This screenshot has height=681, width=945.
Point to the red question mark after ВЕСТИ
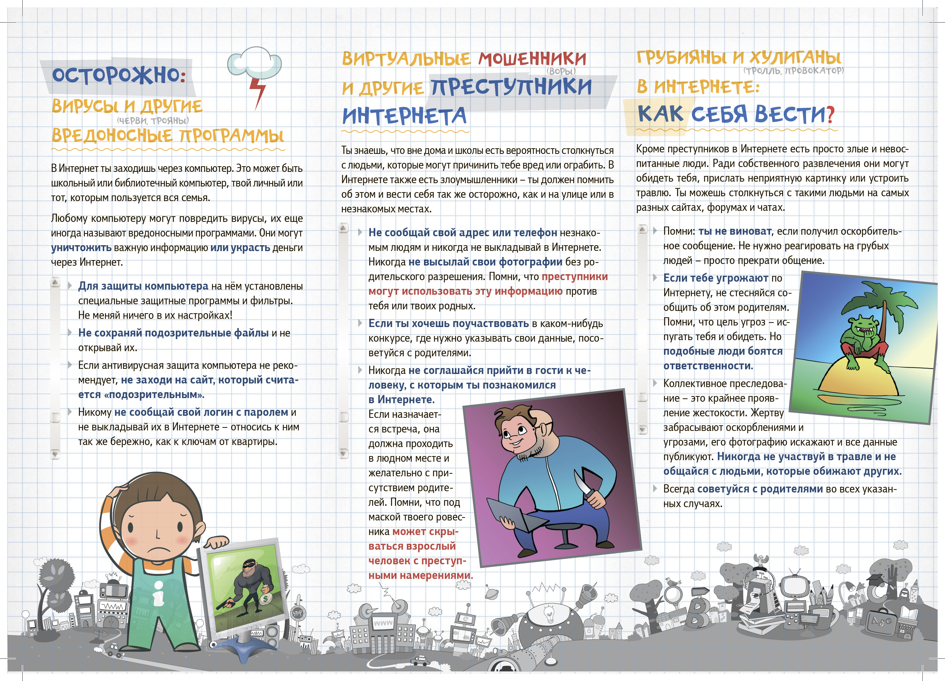(x=830, y=115)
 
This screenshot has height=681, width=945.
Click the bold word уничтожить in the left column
(x=81, y=248)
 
